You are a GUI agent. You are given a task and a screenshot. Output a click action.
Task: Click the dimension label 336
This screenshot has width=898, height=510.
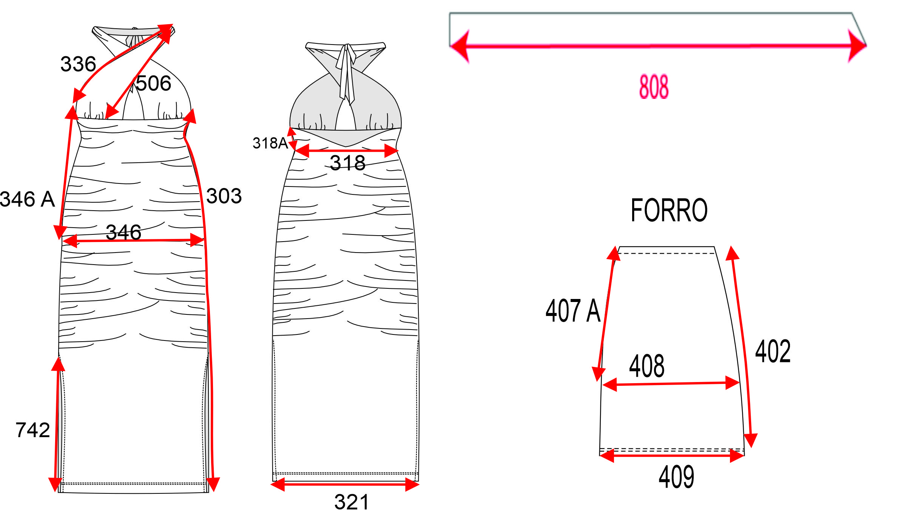pyautogui.click(x=78, y=64)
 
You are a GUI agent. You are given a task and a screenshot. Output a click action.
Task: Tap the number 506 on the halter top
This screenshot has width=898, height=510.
pyautogui.click(x=153, y=83)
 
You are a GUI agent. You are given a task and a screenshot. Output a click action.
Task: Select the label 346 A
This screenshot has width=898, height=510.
pyautogui.click(x=27, y=199)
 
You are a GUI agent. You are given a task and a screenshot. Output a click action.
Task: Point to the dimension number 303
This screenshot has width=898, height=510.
pyautogui.click(x=224, y=196)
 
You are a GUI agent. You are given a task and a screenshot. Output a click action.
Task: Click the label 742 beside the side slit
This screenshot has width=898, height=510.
pyautogui.click(x=33, y=430)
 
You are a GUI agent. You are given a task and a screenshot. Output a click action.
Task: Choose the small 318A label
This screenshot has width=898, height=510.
pyautogui.click(x=270, y=143)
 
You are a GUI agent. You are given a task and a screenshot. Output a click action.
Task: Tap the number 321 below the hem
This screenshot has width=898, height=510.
pyautogui.click(x=351, y=502)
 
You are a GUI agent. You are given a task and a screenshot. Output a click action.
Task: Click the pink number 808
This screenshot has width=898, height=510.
pyautogui.click(x=654, y=87)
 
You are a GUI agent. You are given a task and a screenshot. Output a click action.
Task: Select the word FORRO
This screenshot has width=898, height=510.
pyautogui.click(x=669, y=210)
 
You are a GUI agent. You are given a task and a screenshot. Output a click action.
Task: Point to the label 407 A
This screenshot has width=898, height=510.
pyautogui.click(x=573, y=311)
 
